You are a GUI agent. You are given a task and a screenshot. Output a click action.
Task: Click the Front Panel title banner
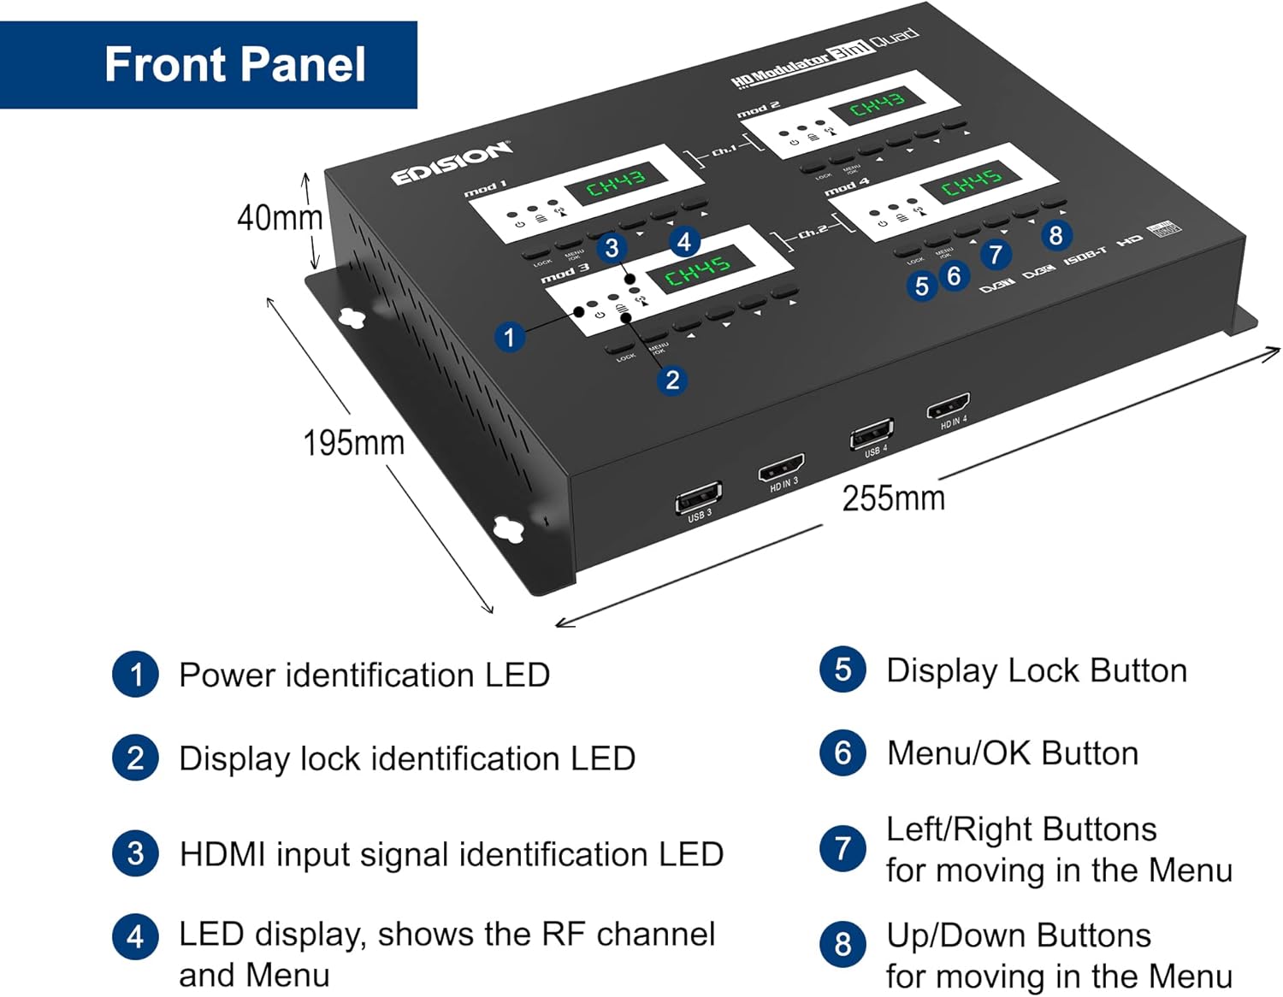(209, 65)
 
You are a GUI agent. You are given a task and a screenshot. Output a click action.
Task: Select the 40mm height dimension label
(279, 218)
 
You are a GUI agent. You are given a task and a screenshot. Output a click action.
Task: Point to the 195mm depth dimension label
(353, 443)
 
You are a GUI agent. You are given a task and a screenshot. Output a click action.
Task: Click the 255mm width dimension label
(893, 498)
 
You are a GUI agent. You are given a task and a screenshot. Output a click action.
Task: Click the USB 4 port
(871, 434)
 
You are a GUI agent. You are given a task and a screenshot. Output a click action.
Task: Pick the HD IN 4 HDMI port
(948, 407)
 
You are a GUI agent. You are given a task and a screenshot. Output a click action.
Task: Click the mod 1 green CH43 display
(615, 182)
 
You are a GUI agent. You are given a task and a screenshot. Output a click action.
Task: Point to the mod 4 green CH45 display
(972, 182)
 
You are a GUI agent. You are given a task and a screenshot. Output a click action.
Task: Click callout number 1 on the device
(509, 337)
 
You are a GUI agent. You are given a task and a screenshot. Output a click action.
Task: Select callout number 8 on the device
(1055, 235)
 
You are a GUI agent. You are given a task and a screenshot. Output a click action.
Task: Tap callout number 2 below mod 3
(672, 380)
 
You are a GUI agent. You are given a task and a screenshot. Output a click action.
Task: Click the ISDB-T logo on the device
(1085, 254)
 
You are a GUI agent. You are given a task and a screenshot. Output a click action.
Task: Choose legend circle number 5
(843, 670)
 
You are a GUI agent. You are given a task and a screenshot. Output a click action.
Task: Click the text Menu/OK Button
(1012, 753)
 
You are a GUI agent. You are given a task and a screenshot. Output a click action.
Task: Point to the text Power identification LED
(364, 675)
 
